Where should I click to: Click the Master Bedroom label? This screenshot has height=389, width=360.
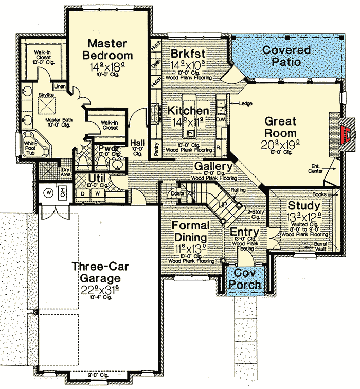110,49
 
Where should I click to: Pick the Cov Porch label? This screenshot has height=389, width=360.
244,278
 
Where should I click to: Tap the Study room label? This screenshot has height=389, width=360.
303,205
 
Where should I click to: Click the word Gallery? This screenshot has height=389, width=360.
213,167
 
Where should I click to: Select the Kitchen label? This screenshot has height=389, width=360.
188,111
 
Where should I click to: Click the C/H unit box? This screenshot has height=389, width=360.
63,194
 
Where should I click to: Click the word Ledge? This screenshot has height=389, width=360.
244,103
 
